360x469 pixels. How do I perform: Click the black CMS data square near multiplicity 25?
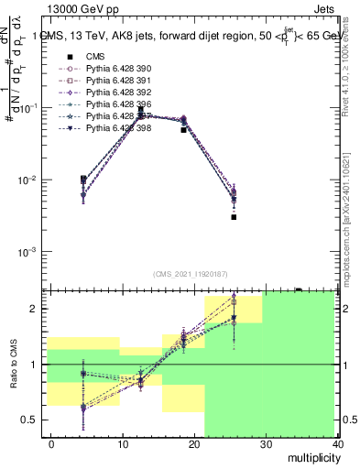tap(235, 217)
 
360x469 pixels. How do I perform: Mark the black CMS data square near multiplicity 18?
tap(184, 130)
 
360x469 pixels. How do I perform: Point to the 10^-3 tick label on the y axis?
tap(31, 252)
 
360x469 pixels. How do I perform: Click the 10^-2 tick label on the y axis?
tap(31, 180)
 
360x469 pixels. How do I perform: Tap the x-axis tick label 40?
tap(339, 443)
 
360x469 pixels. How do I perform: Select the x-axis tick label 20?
tap(195, 443)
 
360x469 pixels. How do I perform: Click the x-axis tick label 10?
tap(123, 443)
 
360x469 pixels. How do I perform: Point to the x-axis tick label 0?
tap(51, 443)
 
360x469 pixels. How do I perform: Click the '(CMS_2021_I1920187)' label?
tap(190, 274)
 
